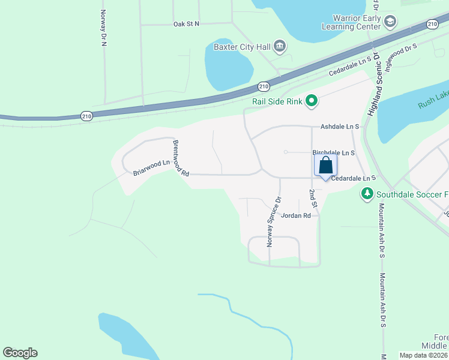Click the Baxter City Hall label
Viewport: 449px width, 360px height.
[243, 46]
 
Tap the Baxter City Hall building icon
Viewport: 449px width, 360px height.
[279, 46]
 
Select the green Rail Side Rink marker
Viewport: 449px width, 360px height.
[311, 101]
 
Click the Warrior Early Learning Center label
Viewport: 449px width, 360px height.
[351, 23]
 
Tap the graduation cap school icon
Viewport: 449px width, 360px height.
[390, 23]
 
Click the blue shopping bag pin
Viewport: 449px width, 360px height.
[325, 166]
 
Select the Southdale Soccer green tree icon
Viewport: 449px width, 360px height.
[367, 194]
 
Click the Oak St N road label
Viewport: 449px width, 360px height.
[185, 24]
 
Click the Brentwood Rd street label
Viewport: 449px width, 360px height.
[181, 158]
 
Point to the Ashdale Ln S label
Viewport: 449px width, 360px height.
[339, 127]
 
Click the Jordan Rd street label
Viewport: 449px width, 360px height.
[296, 215]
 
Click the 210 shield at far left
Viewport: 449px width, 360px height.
[87, 116]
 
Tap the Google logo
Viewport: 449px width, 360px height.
[20, 353]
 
